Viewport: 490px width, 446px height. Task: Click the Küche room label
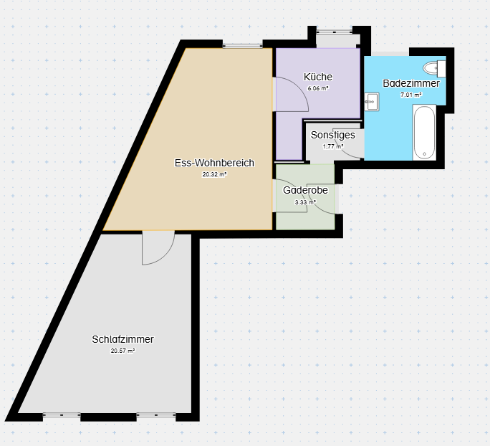coord(318,77)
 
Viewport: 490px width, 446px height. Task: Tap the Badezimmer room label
coord(411,83)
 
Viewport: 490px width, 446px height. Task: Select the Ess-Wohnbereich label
coord(214,163)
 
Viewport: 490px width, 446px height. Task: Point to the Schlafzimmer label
coord(123,339)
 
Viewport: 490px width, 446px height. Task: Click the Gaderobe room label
coord(305,190)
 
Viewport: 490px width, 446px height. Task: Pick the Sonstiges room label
coord(333,135)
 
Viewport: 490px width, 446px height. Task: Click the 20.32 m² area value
coord(214,174)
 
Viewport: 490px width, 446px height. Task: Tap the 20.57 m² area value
coord(123,351)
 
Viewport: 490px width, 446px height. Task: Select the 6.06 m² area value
coord(318,88)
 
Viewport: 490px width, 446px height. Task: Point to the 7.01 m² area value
coord(411,95)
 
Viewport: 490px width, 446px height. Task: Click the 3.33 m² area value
coord(305,202)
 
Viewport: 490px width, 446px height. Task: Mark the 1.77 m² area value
coord(333,146)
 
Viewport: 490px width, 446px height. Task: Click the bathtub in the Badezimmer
coord(424,133)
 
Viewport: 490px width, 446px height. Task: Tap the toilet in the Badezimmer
coord(434,69)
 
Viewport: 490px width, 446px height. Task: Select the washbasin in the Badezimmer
coord(372,102)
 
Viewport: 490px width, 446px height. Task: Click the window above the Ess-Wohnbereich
coord(243,46)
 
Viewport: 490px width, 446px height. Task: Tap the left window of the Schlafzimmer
coord(62,415)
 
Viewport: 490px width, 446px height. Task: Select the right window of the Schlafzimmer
coord(156,415)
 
